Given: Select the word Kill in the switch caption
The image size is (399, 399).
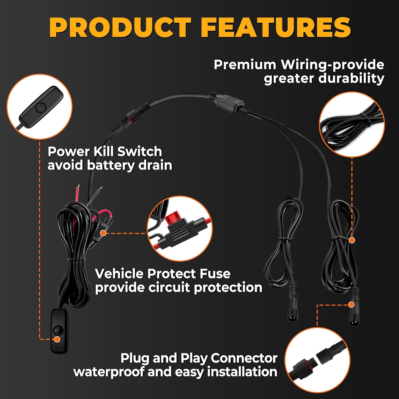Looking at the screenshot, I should pyautogui.click(x=103, y=152).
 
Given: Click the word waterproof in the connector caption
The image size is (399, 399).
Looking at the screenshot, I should pyautogui.click(x=109, y=372).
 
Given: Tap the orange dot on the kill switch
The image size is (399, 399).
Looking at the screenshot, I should pyautogui.click(x=57, y=339).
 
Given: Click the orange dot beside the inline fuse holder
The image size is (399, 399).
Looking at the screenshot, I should pyautogui.click(x=103, y=233).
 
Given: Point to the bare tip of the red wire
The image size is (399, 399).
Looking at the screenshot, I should pyautogui.click(x=78, y=186).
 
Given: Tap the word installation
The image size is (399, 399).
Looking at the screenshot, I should pyautogui.click(x=242, y=372).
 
